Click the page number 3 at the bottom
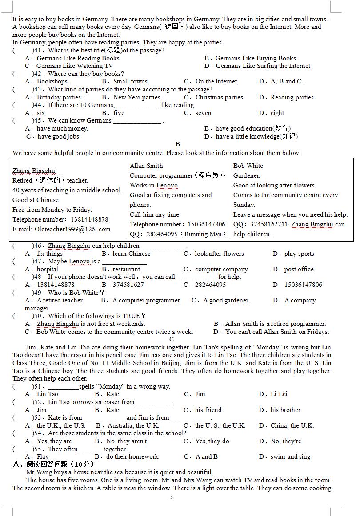coord(172,497)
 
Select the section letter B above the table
coord(178,144)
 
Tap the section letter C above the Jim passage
coord(172,339)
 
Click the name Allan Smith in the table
coord(146,166)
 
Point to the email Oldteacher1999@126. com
coord(61,229)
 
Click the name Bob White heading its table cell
coord(248,166)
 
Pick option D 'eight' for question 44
coord(277,113)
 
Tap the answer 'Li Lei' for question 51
coord(279,394)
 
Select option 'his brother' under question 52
coord(285,410)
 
